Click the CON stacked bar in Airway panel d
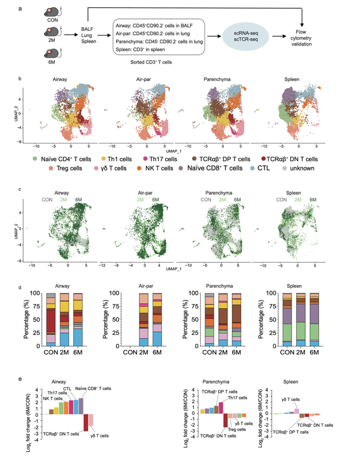51,321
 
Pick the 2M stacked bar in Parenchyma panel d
224,321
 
